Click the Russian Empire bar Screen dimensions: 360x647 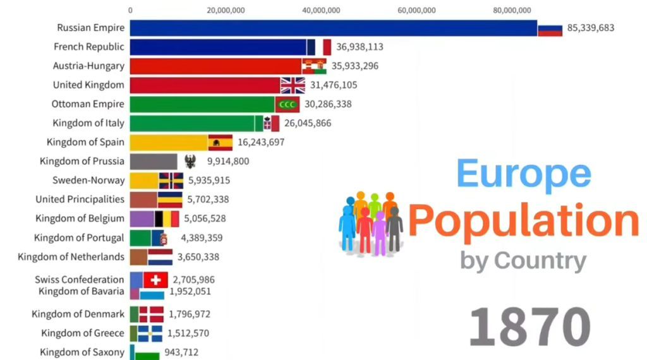click(x=333, y=28)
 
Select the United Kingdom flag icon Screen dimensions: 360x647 click(x=293, y=85)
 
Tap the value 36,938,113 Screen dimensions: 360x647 click(x=360, y=47)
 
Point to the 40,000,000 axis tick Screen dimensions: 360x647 click(x=321, y=10)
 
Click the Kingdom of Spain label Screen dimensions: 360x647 click(x=85, y=142)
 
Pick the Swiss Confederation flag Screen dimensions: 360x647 click(x=155, y=280)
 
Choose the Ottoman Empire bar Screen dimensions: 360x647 click(x=202, y=104)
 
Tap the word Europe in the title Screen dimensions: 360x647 click(x=524, y=174)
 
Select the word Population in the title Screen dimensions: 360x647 click(x=524, y=220)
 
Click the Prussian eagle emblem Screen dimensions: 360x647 click(x=190, y=162)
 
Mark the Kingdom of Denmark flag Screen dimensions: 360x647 click(x=151, y=314)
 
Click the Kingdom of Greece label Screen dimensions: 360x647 click(x=83, y=333)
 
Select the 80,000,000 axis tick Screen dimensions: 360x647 click(x=512, y=10)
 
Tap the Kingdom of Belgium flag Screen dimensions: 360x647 click(x=167, y=219)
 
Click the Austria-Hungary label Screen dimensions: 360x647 click(x=88, y=66)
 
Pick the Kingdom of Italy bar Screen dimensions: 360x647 click(x=192, y=123)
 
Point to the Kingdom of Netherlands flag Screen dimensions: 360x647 click(x=160, y=257)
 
